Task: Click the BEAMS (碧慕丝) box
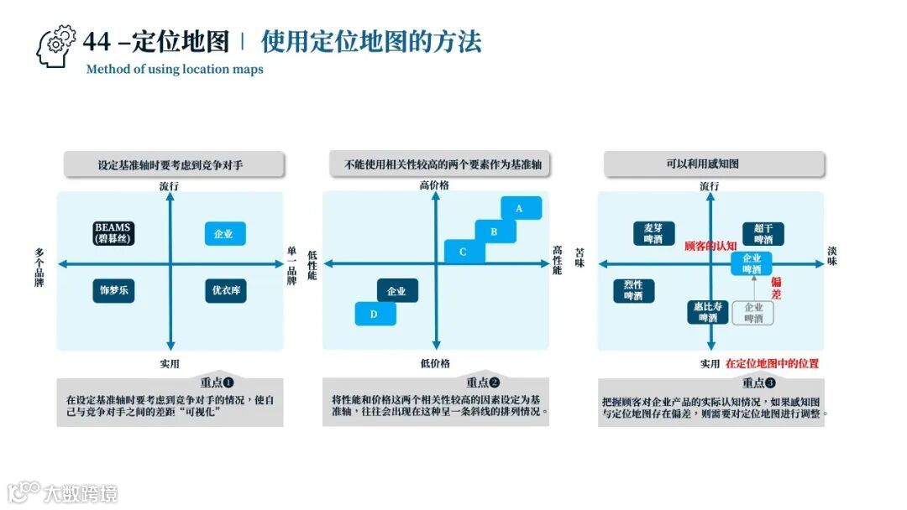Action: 114,233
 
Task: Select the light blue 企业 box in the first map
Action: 225,233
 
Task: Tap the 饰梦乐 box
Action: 114,291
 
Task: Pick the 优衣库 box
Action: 225,291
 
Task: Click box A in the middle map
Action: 521,207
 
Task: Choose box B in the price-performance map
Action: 495,232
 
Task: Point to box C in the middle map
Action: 464,252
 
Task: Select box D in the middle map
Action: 375,315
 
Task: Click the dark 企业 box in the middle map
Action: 397,291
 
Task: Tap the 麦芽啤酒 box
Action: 653,233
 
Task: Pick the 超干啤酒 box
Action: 763,233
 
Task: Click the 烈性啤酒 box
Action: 633,290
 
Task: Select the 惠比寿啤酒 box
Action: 708,312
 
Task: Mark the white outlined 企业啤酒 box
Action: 753,313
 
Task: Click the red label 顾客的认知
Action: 710,246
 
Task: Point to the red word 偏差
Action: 776,288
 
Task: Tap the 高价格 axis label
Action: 435,185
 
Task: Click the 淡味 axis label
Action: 831,257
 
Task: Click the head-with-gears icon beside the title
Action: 55,46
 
